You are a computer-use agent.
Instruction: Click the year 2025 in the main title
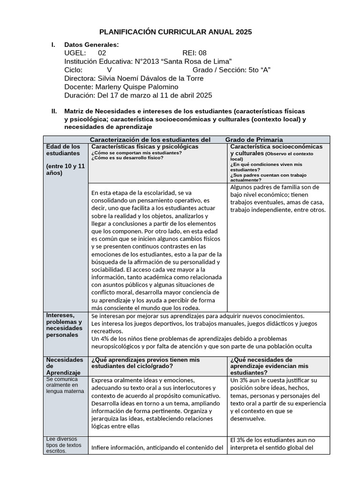click(x=243, y=32)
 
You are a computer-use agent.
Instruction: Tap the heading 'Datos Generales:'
click(x=91, y=45)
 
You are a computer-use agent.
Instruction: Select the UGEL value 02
click(x=102, y=53)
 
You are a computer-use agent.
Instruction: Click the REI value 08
click(x=202, y=53)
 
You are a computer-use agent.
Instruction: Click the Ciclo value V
click(x=109, y=70)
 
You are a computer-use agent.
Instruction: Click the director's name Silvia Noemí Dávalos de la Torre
click(x=149, y=78)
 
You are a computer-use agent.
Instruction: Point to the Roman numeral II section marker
click(x=54, y=112)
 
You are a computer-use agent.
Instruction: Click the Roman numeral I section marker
click(x=53, y=45)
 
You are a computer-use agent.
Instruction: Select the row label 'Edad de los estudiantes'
click(x=63, y=150)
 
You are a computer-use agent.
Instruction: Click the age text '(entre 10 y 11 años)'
click(x=65, y=169)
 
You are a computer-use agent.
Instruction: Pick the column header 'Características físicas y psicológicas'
click(x=145, y=147)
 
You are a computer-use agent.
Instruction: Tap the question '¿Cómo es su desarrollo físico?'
click(x=127, y=157)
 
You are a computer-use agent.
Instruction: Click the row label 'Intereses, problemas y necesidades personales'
click(x=64, y=325)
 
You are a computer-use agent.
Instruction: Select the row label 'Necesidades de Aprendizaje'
click(x=63, y=366)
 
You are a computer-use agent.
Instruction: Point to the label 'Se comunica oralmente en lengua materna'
click(x=65, y=385)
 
